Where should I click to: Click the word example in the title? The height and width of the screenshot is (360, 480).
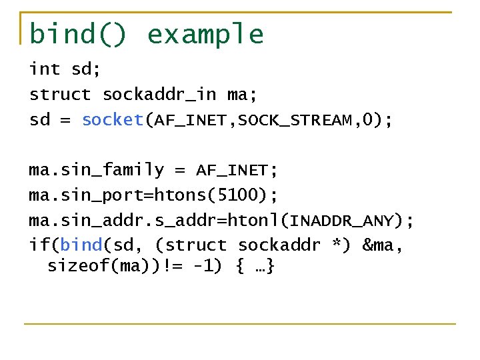[x=205, y=35]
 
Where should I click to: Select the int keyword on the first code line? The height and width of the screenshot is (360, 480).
[x=44, y=69]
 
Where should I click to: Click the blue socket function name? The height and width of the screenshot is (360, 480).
[x=113, y=120]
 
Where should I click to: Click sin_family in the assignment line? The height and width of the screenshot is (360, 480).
[x=112, y=171]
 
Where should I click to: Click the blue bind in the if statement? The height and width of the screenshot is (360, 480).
[x=81, y=245]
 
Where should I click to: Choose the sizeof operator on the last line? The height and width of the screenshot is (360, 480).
[x=73, y=267]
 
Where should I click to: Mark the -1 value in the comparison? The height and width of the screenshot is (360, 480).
[x=202, y=267]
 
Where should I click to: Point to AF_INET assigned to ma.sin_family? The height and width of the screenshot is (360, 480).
[x=231, y=171]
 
